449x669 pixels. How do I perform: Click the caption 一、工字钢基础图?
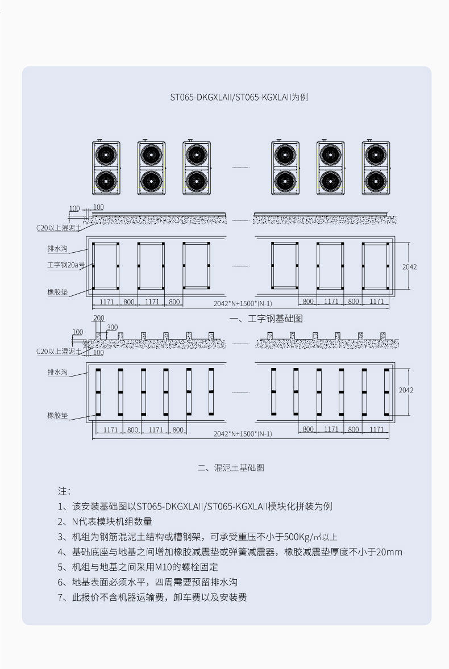pyautogui.click(x=266, y=319)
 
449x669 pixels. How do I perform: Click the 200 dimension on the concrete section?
pyautogui.click(x=99, y=319)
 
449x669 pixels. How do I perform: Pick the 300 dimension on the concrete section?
pyautogui.click(x=112, y=328)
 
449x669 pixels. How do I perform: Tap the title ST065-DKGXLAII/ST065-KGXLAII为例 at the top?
pyautogui.click(x=239, y=97)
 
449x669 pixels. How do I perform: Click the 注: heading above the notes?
pyautogui.click(x=64, y=490)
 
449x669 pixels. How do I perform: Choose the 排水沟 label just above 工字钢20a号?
pyautogui.click(x=57, y=249)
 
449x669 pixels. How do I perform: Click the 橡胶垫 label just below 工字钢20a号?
pyautogui.click(x=57, y=292)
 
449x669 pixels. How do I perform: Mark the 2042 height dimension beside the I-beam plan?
pyautogui.click(x=409, y=266)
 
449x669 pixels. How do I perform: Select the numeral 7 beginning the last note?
pyautogui.click(x=61, y=597)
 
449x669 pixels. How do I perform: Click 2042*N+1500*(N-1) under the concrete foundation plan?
pyautogui.click(x=243, y=434)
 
